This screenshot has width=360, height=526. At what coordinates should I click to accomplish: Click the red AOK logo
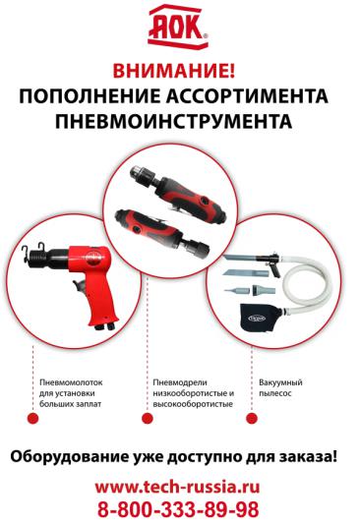click(178, 27)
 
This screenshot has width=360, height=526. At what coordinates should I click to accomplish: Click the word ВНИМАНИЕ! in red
click(174, 71)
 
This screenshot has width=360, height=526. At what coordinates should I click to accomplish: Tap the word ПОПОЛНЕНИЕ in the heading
click(90, 96)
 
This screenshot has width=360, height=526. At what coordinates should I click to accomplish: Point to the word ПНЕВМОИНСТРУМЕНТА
click(173, 121)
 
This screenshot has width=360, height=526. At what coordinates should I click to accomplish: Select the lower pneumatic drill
click(161, 232)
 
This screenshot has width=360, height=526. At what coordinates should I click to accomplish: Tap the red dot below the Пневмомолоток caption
click(32, 418)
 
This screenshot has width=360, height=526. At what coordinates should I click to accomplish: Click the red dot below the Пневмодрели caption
click(148, 418)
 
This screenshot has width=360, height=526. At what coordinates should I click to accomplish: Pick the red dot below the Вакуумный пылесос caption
click(252, 418)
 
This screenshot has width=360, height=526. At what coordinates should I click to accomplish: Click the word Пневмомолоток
click(71, 382)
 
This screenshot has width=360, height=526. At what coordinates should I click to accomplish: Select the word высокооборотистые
click(193, 404)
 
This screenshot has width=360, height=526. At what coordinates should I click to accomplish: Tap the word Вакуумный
click(280, 382)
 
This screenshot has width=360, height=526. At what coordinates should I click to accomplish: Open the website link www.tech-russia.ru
click(177, 487)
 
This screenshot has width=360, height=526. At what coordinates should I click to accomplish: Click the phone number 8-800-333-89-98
click(178, 509)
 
